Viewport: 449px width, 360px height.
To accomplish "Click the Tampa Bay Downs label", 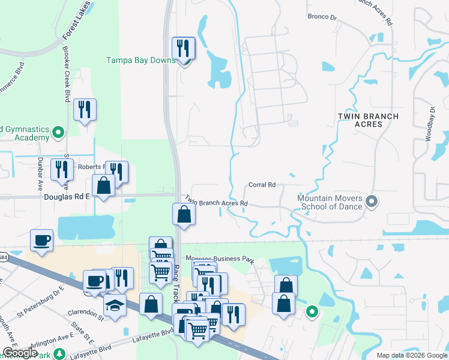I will pyautogui.click(x=140, y=60).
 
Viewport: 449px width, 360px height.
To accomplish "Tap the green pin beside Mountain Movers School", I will pyautogui.click(x=372, y=201).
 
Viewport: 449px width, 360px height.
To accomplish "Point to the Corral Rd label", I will pyautogui.click(x=262, y=185).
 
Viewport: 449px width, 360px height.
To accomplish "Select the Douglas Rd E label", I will pyautogui.click(x=66, y=196).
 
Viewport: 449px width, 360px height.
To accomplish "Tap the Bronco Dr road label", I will pyautogui.click(x=322, y=17).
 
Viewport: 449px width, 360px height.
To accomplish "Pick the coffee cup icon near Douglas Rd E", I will pyautogui.click(x=41, y=240).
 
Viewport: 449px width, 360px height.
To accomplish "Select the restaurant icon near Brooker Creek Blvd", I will pyautogui.click(x=85, y=110).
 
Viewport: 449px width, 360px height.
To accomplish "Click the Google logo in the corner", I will pyautogui.click(x=20, y=353).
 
